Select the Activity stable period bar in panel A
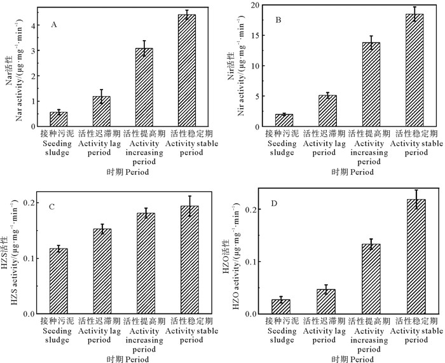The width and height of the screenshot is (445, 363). tap(186, 71)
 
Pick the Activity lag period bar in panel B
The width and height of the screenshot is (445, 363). tap(327, 111)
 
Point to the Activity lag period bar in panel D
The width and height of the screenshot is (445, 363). tap(326, 301)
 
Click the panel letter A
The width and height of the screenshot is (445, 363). tap(55, 25)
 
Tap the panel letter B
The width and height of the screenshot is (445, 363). tap(278, 21)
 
